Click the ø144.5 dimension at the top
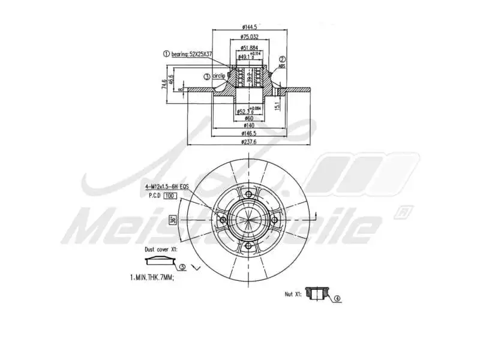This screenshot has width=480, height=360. coord(249,27)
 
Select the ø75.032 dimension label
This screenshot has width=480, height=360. coord(249,37)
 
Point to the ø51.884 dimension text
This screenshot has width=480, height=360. coord(249,47)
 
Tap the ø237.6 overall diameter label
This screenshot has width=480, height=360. coord(249,142)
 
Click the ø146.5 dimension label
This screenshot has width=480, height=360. coord(249,133)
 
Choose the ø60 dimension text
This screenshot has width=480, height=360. coord(249,118)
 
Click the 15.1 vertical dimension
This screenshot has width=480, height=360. coord(277,106)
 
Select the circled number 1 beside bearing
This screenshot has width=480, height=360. coord(166,54)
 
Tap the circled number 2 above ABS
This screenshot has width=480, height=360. coord(282,59)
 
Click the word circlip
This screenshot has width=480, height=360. coord(219,76)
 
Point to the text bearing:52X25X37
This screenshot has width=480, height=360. coord(191,54)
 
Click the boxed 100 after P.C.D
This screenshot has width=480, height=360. coord(170,196)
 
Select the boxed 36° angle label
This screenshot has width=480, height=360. coord(172,220)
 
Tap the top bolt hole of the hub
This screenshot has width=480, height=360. coord(249,194)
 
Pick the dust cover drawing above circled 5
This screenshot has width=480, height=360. coord(158,260)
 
